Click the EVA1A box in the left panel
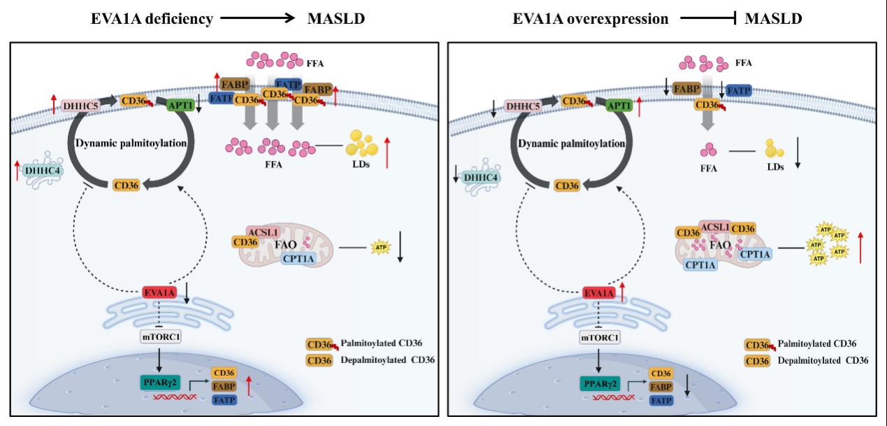pos(159,292)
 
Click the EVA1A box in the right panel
pos(599,293)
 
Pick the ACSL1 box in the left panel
pos(264,231)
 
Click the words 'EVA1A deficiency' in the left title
pos(152,19)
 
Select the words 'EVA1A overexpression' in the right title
pos(591,19)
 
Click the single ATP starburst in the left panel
pos(380,248)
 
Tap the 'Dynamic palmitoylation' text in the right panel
pos(571,143)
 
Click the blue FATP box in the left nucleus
pos(223,400)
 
